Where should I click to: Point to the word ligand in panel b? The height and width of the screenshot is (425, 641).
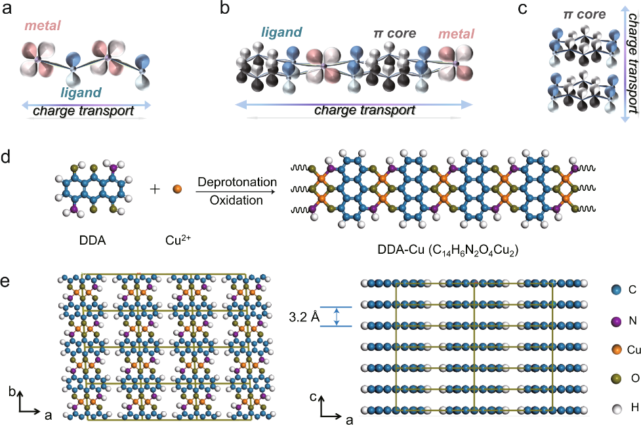[281, 31]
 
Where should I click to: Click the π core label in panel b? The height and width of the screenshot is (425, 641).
[392, 33]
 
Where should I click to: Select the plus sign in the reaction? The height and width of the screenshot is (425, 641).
[155, 190]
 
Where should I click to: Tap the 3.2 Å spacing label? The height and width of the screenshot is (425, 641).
[304, 317]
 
